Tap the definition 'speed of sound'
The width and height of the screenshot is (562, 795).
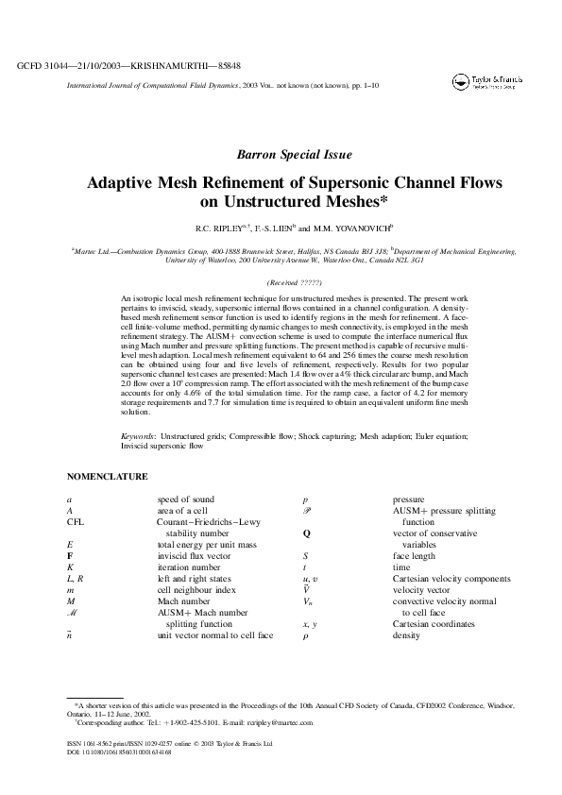(x=186, y=499)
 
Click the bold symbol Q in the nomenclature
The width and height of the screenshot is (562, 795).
(x=306, y=533)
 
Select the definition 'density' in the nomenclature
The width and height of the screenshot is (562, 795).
(x=408, y=635)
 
